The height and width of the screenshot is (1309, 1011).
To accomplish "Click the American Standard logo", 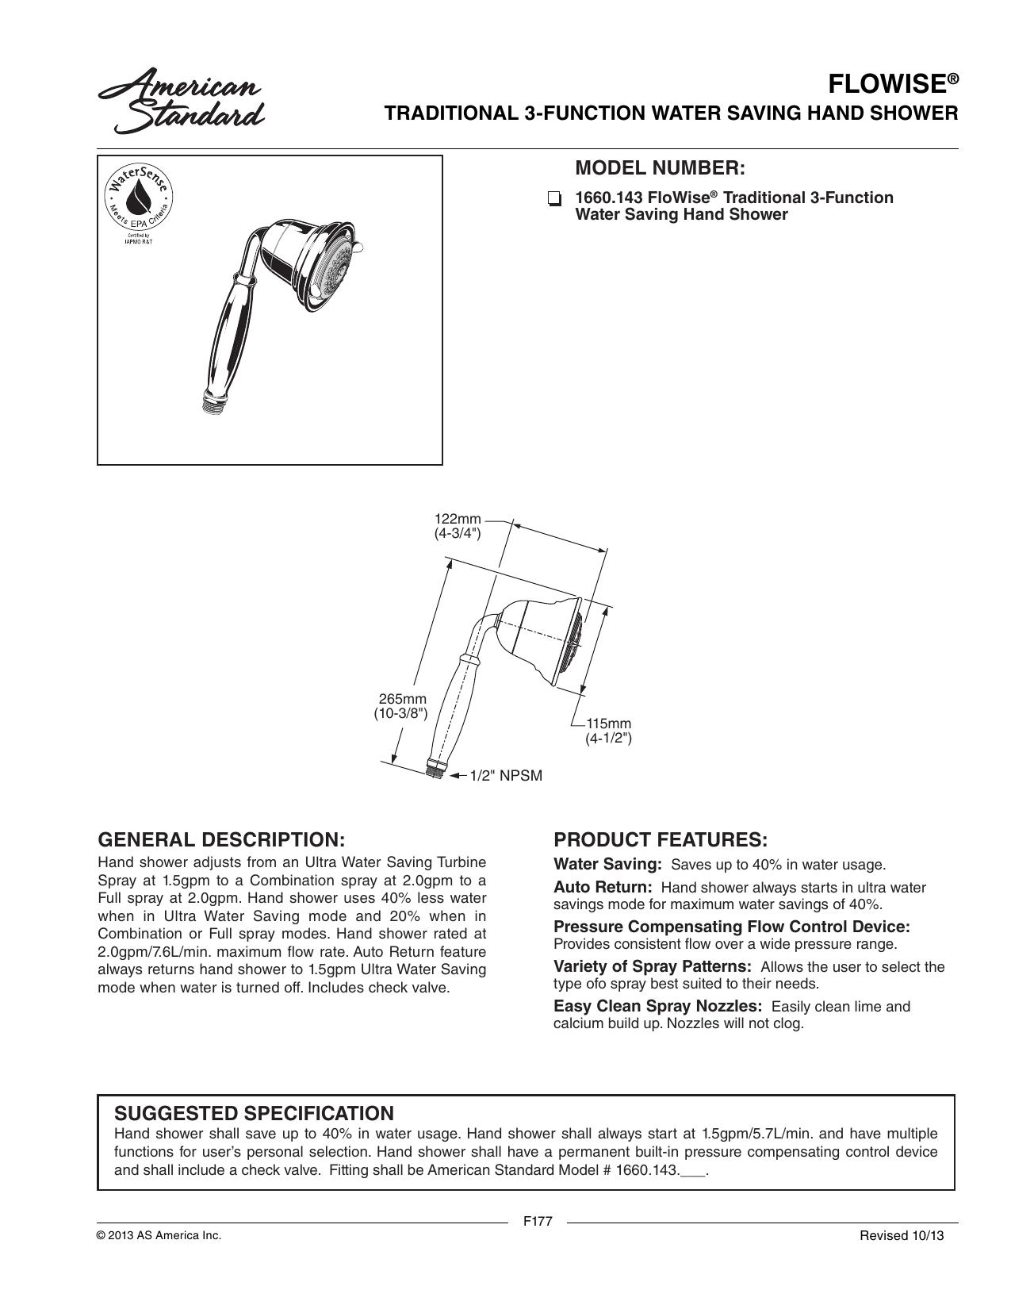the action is (181, 101).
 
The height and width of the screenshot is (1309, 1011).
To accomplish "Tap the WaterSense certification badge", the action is (139, 204).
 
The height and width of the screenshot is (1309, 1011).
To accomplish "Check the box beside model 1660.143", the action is (553, 199).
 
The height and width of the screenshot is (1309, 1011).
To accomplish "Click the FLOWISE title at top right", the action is (893, 84).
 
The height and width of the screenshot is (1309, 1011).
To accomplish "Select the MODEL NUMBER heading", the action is (660, 168).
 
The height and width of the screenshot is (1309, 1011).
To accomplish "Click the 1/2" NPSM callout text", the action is (506, 776).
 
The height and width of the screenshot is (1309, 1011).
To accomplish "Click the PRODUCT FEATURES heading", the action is (661, 839).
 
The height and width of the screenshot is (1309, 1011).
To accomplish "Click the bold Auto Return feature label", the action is (603, 887).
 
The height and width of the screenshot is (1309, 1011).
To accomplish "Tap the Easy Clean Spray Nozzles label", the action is (658, 1006).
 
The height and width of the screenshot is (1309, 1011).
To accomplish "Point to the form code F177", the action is (538, 1221).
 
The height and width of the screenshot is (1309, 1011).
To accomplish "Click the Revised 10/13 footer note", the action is (902, 1235).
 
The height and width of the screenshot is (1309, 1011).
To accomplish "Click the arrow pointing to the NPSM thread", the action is (458, 775).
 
